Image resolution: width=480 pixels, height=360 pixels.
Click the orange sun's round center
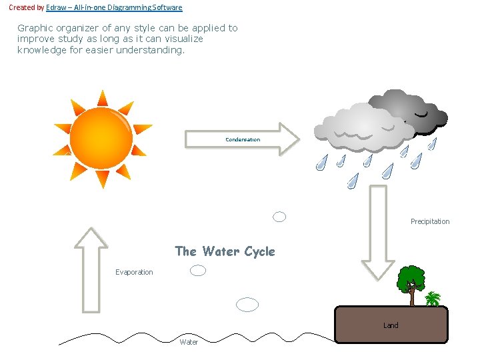coord(101,139)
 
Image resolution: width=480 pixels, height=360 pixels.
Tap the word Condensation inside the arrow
coord(243,139)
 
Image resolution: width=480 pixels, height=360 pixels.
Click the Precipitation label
coord(430,221)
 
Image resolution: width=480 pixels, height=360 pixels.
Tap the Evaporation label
coord(134,272)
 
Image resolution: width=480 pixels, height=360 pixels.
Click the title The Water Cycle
coord(225,251)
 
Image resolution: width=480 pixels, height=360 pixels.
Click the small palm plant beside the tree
coord(433,298)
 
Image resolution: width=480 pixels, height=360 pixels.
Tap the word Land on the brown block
coord(391,325)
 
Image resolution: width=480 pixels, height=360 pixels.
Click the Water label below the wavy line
coord(189,342)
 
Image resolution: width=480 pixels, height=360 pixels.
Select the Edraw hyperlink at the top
coord(113,7)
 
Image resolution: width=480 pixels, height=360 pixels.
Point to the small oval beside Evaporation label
coord(198,270)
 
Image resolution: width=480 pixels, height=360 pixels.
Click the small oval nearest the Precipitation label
coord(280,217)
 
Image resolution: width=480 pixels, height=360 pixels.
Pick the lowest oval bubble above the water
coord(248,305)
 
